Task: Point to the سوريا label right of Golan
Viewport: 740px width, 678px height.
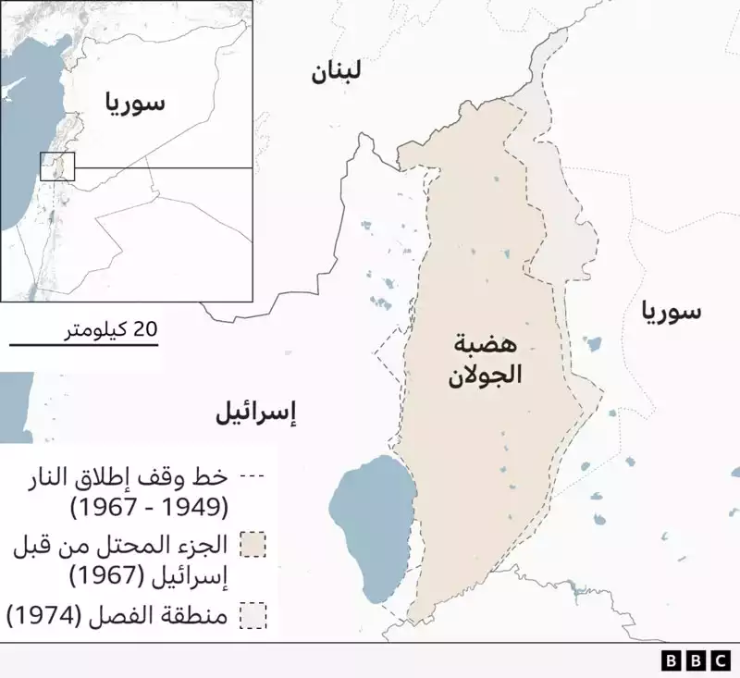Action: coord(674,313)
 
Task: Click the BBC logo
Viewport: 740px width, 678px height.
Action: coord(695,660)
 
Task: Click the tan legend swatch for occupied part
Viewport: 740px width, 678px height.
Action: coord(252,545)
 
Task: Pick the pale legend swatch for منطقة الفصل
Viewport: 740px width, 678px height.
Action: coord(252,615)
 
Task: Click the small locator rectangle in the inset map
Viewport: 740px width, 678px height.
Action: coord(57,166)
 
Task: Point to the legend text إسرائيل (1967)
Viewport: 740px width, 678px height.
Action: coord(148,574)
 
